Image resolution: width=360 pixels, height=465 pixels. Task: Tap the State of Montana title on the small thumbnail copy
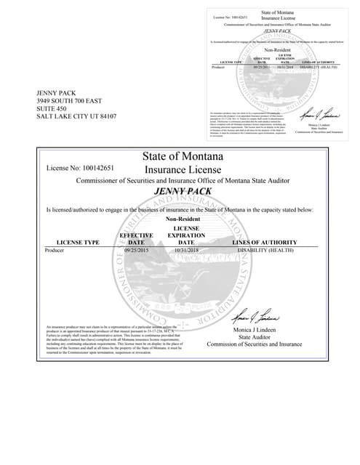[274, 12]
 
